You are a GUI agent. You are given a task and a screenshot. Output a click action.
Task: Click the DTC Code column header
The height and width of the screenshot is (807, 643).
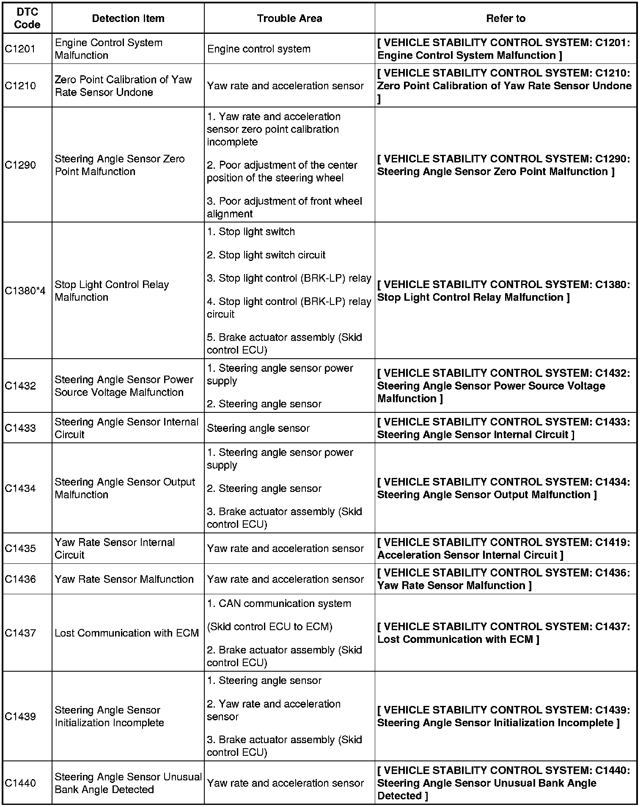click(27, 19)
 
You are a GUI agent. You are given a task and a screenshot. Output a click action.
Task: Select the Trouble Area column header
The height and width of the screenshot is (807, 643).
click(289, 19)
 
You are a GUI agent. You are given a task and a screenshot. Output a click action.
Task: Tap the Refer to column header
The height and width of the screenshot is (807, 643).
click(506, 19)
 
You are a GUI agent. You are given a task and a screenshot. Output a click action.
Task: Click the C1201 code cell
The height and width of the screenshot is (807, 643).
click(20, 49)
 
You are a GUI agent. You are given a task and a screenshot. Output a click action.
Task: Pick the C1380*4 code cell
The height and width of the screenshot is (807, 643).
click(25, 291)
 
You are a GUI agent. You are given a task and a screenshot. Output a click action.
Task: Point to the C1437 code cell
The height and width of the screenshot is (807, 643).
click(20, 633)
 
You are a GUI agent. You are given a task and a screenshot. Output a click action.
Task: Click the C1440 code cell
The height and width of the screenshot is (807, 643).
click(20, 783)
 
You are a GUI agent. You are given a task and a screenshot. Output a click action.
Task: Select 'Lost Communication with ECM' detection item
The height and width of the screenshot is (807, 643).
click(126, 633)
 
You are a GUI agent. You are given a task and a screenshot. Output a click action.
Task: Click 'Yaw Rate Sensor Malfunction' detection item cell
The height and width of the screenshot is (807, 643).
click(124, 579)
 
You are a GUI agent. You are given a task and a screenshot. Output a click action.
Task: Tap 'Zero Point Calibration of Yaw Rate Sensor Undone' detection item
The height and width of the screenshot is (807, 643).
click(123, 86)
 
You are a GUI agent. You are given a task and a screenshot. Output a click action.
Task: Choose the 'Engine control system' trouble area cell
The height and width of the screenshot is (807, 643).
click(258, 49)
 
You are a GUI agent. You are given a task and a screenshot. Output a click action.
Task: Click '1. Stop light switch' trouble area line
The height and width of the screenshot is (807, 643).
click(251, 232)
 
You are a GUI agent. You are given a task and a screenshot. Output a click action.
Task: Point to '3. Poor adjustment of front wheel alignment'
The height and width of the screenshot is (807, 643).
click(284, 207)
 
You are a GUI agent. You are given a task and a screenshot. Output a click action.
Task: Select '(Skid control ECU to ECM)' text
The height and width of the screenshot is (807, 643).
click(269, 627)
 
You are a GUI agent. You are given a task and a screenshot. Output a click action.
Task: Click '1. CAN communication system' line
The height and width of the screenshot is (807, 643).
click(279, 604)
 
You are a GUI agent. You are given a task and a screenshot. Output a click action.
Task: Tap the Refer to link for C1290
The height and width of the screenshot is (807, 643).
click(503, 165)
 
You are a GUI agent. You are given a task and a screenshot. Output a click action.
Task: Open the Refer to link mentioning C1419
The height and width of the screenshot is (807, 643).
click(503, 549)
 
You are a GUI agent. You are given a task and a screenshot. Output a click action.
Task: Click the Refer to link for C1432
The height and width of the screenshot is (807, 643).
click(503, 386)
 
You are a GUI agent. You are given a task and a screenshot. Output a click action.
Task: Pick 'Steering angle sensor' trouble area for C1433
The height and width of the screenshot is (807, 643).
click(258, 428)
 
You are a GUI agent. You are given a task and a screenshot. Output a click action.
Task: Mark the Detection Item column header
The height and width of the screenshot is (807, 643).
click(128, 19)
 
